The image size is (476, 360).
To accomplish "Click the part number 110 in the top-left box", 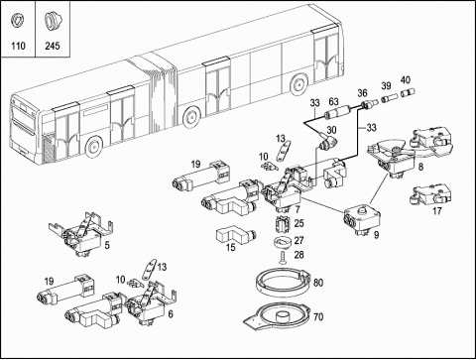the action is [x=18, y=46].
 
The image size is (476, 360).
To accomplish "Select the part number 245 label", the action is [x=53, y=46].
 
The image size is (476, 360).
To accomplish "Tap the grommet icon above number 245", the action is [x=52, y=22].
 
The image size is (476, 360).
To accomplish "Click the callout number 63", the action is [x=333, y=101].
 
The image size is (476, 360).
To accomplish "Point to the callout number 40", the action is [x=406, y=80].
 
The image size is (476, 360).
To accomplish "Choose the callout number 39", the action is [x=386, y=86].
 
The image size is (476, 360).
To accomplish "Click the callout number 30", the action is [x=331, y=130].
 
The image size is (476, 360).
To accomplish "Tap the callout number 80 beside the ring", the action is [x=318, y=283].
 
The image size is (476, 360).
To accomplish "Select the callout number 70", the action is [x=318, y=317].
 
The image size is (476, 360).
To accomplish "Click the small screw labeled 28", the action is [x=283, y=258].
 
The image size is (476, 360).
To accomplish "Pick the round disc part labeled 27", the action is [x=282, y=242].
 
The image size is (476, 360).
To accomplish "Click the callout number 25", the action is [x=298, y=223].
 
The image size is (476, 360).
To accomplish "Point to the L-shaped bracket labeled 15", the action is [x=236, y=234].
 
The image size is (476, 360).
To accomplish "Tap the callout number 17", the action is [x=437, y=210].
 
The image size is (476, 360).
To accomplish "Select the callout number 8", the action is [x=420, y=167].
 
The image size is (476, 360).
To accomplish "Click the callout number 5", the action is [x=107, y=245].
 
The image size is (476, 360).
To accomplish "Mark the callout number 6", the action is [x=171, y=313].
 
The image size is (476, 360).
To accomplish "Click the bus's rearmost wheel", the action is [x=299, y=84].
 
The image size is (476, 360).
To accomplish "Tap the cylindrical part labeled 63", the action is [x=336, y=112].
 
